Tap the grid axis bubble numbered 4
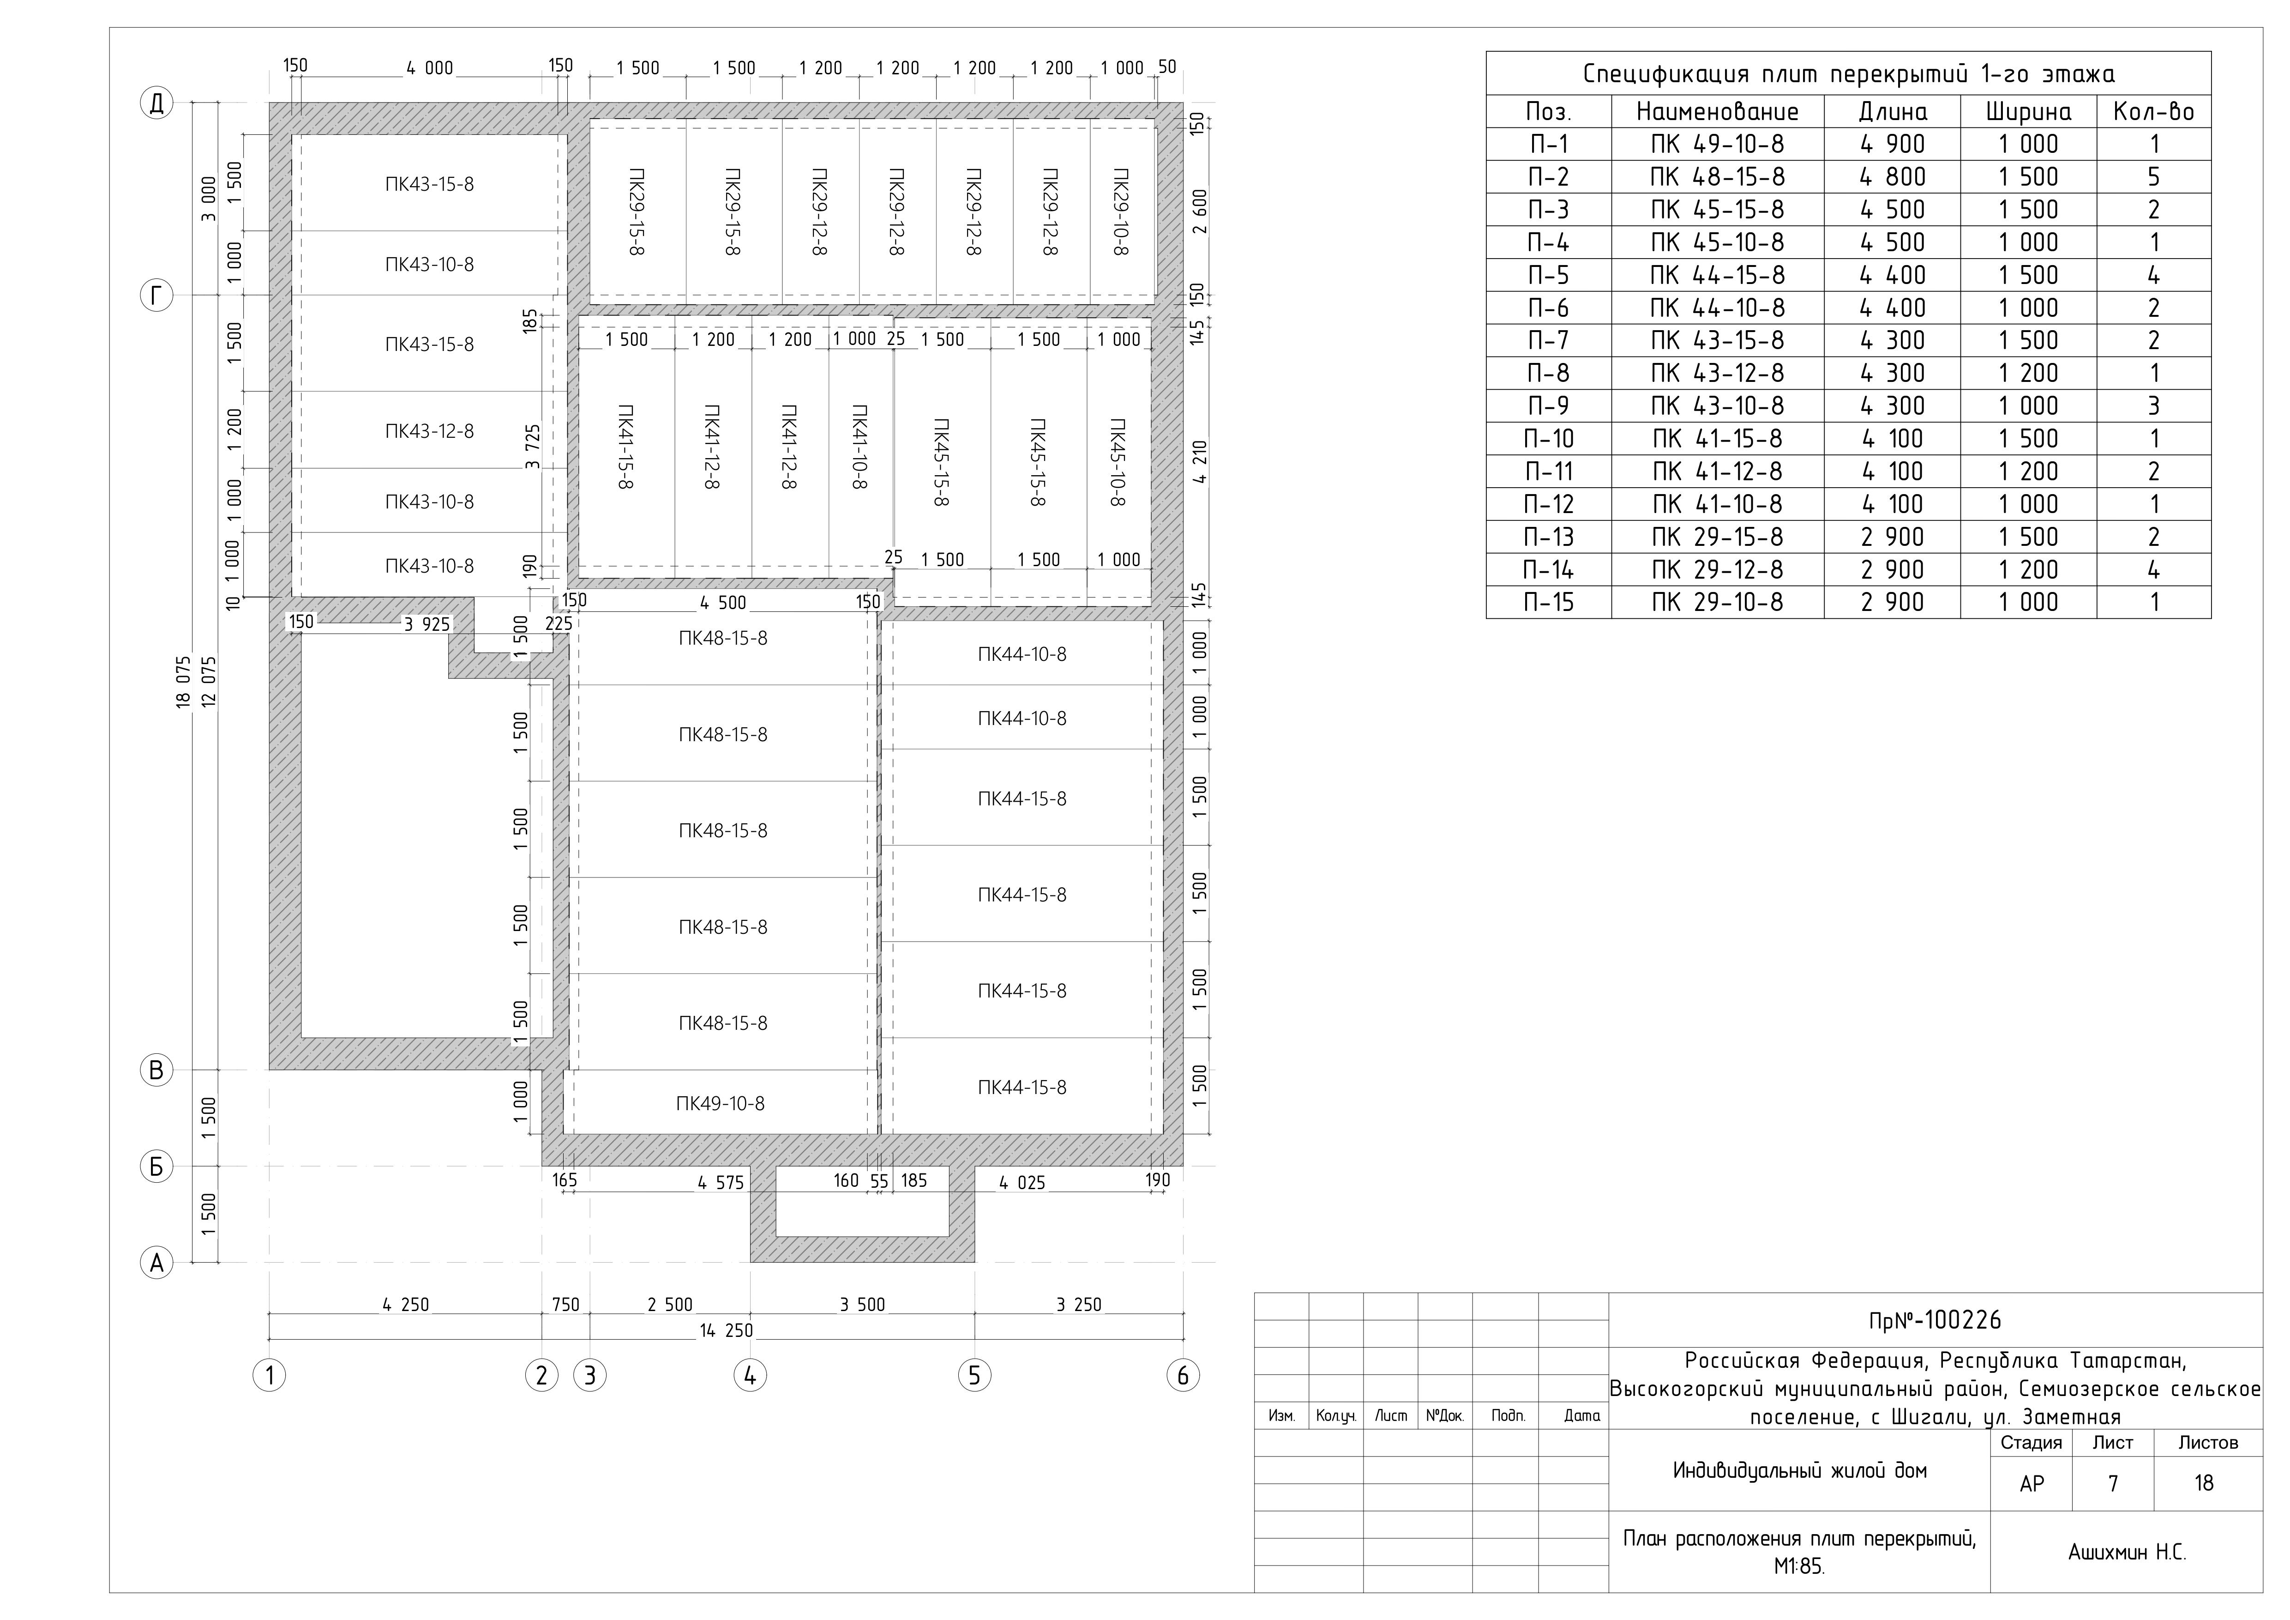click(x=750, y=1376)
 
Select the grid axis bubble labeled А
click(x=156, y=1263)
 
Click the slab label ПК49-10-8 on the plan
click(x=720, y=1103)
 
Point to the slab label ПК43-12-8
click(x=430, y=431)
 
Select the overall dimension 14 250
click(x=726, y=1331)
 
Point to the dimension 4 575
click(x=720, y=1183)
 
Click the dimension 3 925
click(x=427, y=624)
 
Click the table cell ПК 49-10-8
click(x=1718, y=144)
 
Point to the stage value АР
click(x=2032, y=1483)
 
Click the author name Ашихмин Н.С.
click(x=2127, y=1552)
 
